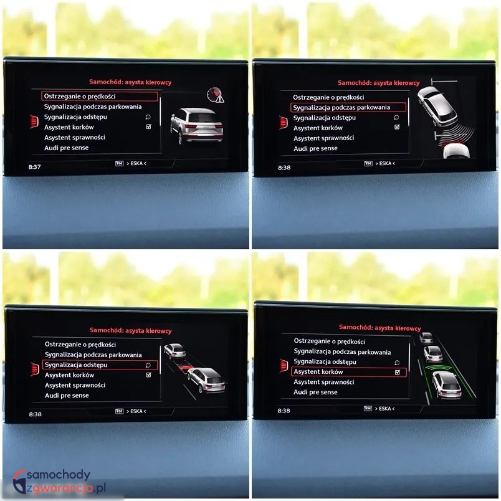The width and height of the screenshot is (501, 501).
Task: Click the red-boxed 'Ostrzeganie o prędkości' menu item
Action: [x=99, y=96]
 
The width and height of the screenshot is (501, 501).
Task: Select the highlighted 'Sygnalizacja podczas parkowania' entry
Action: [x=348, y=107]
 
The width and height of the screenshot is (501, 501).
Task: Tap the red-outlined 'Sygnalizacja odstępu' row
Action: [x=100, y=365]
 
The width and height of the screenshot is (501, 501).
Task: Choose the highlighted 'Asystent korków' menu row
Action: [x=348, y=372]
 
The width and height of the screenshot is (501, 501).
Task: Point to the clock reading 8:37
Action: [x=34, y=167]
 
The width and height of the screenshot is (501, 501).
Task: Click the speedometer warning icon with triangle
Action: [x=216, y=95]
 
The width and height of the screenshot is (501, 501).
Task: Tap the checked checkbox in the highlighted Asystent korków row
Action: [x=398, y=372]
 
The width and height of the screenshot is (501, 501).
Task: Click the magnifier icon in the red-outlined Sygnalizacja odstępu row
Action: [x=148, y=365]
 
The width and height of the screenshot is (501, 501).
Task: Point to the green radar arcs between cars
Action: [x=437, y=368]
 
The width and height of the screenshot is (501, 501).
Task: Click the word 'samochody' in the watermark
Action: [x=58, y=475]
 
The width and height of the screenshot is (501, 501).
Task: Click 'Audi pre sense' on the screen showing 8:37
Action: [x=67, y=148]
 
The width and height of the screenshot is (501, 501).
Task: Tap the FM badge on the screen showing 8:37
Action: [x=119, y=163]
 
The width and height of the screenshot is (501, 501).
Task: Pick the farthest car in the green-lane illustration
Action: [x=426, y=337]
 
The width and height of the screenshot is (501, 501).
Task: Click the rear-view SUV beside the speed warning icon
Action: [x=196, y=126]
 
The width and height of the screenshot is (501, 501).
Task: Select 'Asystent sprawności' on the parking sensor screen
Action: [x=323, y=138]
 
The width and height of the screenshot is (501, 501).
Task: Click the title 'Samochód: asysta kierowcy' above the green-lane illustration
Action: [x=380, y=328]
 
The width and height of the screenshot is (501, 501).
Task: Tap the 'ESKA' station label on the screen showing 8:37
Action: [x=136, y=163]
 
